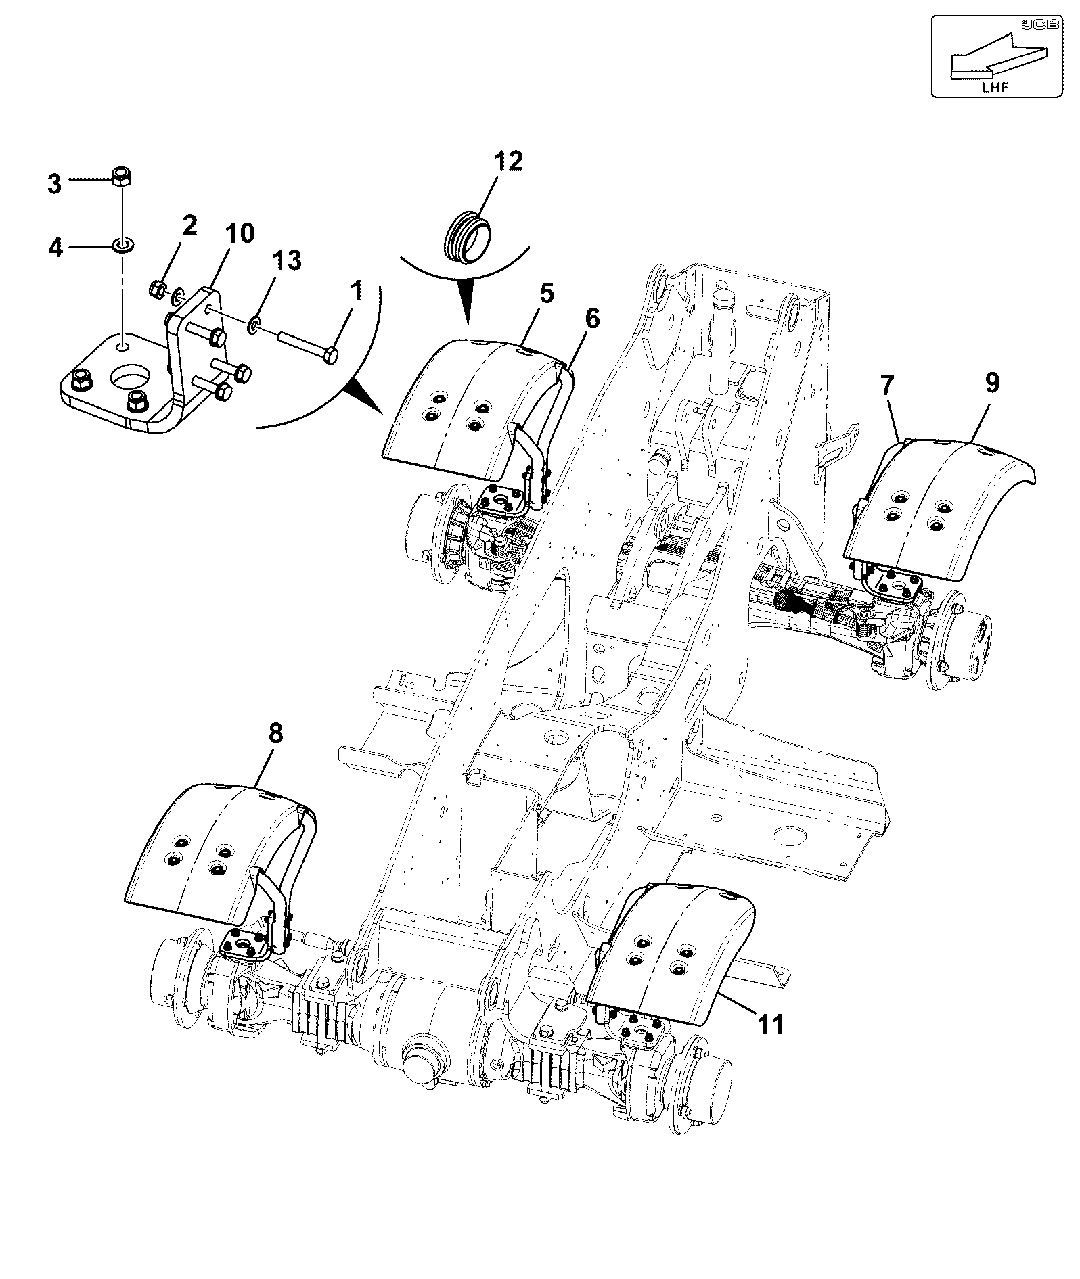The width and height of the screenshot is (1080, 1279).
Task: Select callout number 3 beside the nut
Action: point(55,184)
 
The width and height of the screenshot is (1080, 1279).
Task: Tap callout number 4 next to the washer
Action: point(55,248)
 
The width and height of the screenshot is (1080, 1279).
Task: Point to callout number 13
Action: point(287,260)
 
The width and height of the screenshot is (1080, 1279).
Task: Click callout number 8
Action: point(275,734)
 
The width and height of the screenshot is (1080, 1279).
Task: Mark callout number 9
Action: point(991,383)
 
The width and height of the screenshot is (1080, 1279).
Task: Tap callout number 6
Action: point(592,319)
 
